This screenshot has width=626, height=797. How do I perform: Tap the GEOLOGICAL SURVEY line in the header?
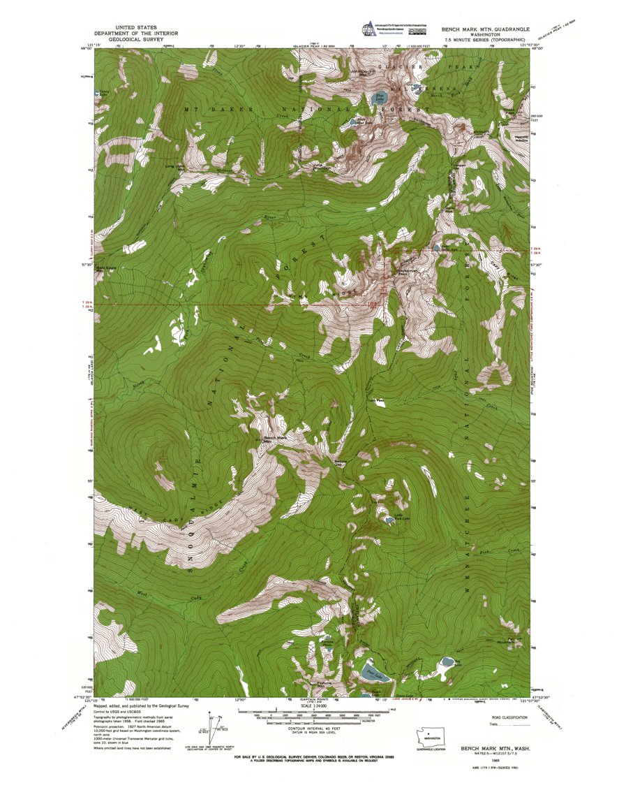[x=137, y=40]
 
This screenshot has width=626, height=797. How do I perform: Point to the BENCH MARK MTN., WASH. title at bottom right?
[x=494, y=748]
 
